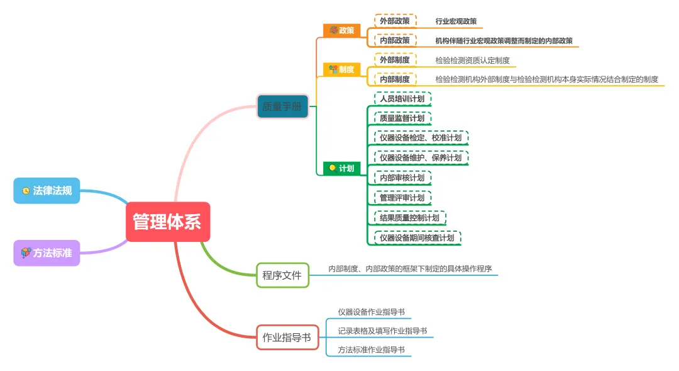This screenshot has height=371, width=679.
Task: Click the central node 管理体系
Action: pyautogui.click(x=167, y=222)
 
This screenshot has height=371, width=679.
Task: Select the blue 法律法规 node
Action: pyautogui.click(x=47, y=190)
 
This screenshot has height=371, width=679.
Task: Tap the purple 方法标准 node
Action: pyautogui.click(x=47, y=253)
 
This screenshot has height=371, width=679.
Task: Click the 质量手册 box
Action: pyautogui.click(x=282, y=106)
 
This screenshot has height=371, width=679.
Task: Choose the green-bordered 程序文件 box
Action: pyautogui.click(x=282, y=275)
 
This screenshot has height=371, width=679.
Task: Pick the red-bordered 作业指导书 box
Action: pyautogui.click(x=287, y=338)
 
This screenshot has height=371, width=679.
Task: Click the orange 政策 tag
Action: pyautogui.click(x=342, y=30)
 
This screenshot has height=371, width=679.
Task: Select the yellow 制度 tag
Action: pyautogui.click(x=342, y=69)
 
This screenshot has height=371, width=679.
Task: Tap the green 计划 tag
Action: pyautogui.click(x=342, y=168)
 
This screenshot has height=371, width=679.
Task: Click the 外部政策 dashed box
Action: pyautogui.click(x=395, y=21)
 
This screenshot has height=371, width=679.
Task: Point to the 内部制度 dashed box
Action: pyautogui.click(x=395, y=79)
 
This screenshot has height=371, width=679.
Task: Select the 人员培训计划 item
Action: pyautogui.click(x=402, y=99)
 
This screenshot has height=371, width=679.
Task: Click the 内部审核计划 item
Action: pyautogui.click(x=402, y=178)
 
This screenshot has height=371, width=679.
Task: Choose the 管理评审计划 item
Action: pyautogui.click(x=402, y=198)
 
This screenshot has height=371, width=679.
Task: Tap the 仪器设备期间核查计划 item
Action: pyautogui.click(x=417, y=238)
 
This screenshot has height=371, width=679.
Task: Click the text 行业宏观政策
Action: pyautogui.click(x=456, y=21)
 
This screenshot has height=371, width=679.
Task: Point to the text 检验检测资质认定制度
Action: pyautogui.click(x=472, y=61)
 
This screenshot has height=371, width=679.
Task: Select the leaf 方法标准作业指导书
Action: pyautogui.click(x=371, y=350)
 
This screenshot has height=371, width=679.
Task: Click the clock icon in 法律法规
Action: pyautogui.click(x=26, y=190)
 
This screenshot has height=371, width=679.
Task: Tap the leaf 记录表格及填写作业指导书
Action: pyautogui.click(x=382, y=331)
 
